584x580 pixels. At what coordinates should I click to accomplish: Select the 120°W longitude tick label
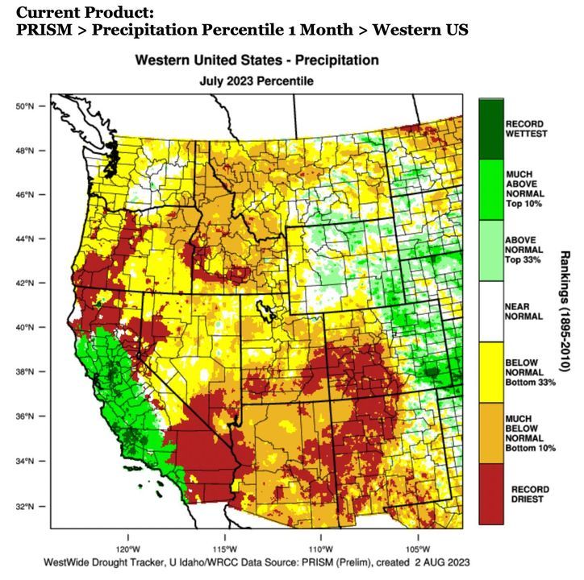click(x=128, y=541)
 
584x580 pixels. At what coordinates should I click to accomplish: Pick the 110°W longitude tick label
click(x=321, y=541)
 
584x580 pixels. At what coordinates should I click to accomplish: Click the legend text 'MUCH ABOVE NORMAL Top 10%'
click(x=524, y=188)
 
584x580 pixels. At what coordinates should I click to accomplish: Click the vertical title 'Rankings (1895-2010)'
click(x=565, y=309)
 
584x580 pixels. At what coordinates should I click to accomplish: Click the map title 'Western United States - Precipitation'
click(x=257, y=61)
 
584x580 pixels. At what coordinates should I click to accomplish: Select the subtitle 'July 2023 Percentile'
click(x=257, y=81)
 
